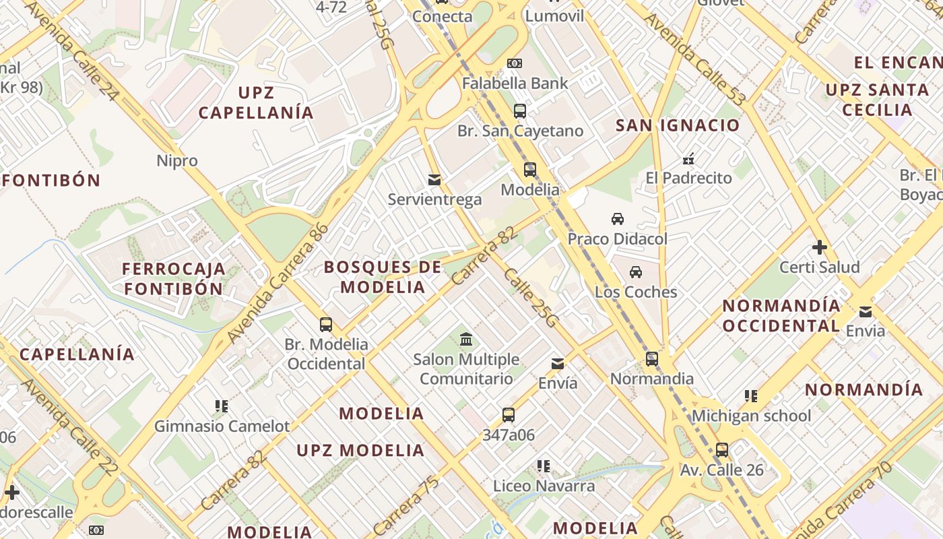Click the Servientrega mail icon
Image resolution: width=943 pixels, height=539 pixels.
(434, 180)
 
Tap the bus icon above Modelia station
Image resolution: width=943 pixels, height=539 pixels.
(530, 170)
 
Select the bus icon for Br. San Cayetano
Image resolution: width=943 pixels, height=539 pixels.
(520, 111)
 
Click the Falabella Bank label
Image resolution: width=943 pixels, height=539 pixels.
(515, 84)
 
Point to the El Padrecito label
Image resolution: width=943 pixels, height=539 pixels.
(688, 178)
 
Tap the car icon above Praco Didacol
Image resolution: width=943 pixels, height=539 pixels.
(618, 219)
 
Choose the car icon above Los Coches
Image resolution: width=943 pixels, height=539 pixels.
(636, 272)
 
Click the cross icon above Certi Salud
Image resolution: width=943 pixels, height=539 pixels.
(820, 247)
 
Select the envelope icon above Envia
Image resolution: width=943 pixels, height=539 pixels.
(866, 311)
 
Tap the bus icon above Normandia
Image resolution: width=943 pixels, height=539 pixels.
(652, 358)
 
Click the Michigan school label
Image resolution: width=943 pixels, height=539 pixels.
(752, 416)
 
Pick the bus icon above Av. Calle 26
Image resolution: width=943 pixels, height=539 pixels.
(722, 449)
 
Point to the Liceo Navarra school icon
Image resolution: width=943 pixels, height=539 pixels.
(544, 466)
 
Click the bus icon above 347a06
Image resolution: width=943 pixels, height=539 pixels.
(509, 415)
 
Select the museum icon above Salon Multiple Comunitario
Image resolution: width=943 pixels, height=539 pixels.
(466, 339)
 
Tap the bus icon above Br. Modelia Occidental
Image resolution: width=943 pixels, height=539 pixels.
(326, 324)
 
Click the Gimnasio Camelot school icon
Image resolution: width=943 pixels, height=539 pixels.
(222, 406)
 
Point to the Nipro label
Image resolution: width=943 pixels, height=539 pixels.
(177, 161)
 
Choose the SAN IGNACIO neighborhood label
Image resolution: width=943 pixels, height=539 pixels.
(678, 125)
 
